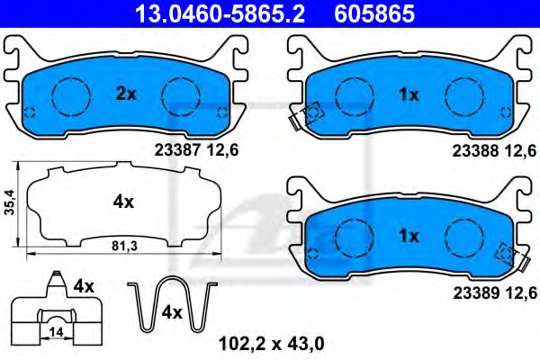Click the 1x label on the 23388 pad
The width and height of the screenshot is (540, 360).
(409, 94)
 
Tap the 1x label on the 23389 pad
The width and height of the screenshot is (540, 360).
(409, 236)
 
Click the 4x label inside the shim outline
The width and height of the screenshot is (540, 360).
(123, 202)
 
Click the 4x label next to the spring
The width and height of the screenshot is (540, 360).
(172, 313)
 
